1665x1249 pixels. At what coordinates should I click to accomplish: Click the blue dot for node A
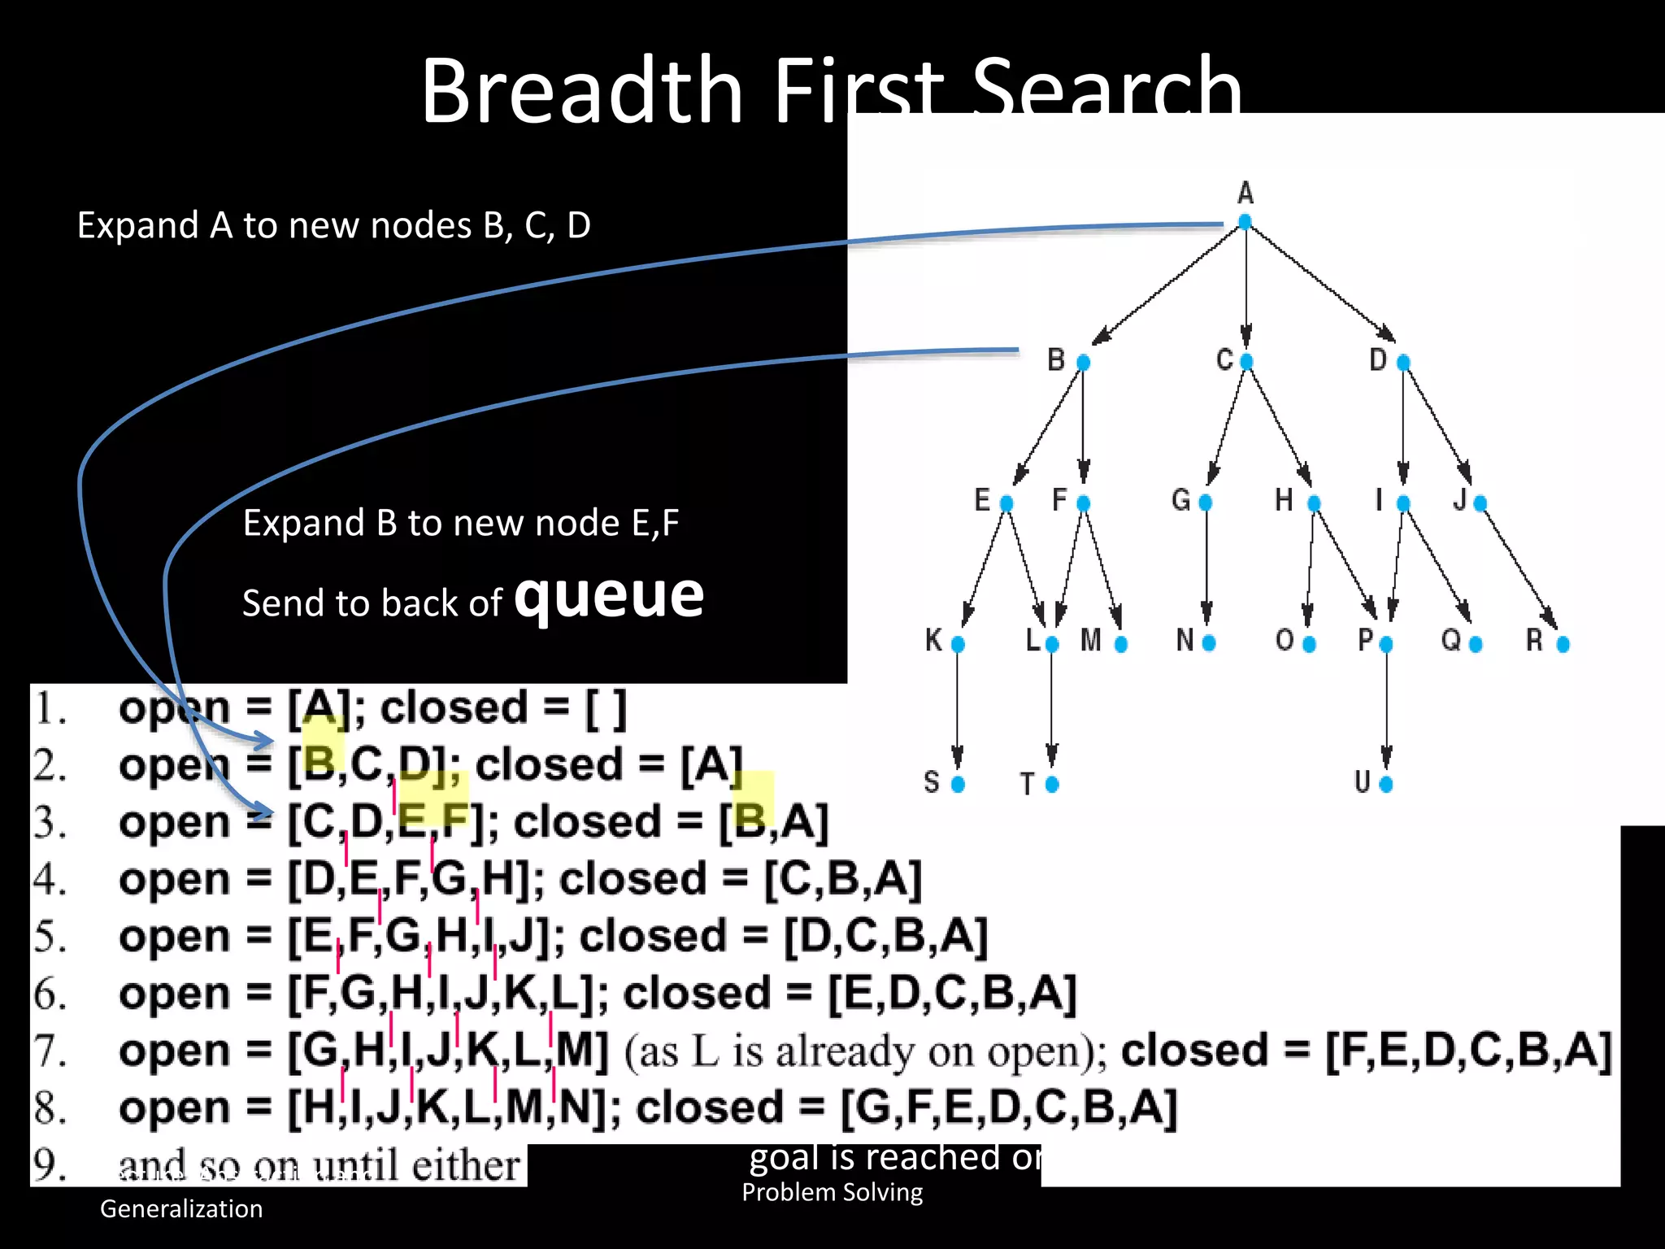pos(1245,221)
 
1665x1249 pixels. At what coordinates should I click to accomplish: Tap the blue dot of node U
pos(1386,784)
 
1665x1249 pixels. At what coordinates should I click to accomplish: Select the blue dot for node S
pos(958,784)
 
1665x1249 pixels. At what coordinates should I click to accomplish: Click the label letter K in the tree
pos(933,641)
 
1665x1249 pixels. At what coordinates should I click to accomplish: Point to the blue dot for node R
pos(1563,644)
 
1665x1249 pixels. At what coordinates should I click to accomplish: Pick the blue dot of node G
pos(1206,503)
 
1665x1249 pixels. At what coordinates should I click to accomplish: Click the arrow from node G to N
pos(1206,569)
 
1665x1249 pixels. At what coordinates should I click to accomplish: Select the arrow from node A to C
pos(1246,285)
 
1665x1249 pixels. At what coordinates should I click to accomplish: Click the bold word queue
pos(609,595)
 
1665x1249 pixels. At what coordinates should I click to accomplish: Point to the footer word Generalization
pos(181,1208)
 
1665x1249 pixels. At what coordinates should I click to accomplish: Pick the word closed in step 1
pos(454,707)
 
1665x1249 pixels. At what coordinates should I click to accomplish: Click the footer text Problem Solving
pos(832,1192)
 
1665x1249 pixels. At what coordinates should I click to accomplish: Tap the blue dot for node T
pos(1052,784)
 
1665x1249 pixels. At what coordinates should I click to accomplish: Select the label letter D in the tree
pos(1378,359)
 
